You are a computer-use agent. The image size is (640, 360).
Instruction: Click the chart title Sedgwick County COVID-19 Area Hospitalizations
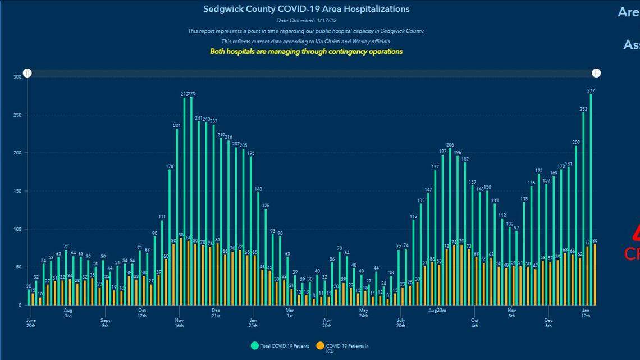point(306,9)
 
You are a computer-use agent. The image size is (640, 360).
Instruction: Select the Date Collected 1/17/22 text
point(306,21)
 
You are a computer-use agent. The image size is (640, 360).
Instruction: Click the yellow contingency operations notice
point(306,51)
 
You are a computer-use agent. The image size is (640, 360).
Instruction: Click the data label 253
point(583,109)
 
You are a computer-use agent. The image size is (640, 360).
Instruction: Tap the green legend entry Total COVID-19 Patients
point(281,346)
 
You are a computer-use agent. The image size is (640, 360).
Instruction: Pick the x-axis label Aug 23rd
point(437,310)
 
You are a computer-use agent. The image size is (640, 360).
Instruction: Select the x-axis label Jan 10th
point(586,313)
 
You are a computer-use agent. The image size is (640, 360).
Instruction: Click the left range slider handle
point(28,73)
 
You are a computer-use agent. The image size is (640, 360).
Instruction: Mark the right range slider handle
point(597,73)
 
